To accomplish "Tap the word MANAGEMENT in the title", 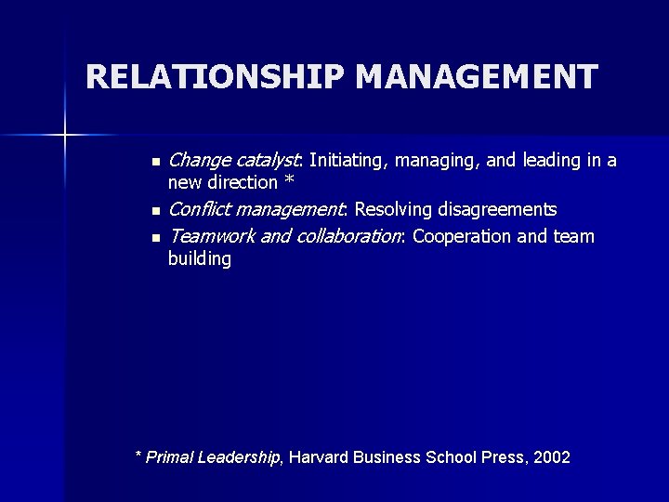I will pos(476,76).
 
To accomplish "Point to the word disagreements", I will pos(497,210).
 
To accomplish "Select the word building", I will pos(199,259).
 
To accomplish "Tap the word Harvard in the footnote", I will pos(319,457).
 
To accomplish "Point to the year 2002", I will pos(551,457).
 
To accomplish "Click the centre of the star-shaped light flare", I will pos(65,136).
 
